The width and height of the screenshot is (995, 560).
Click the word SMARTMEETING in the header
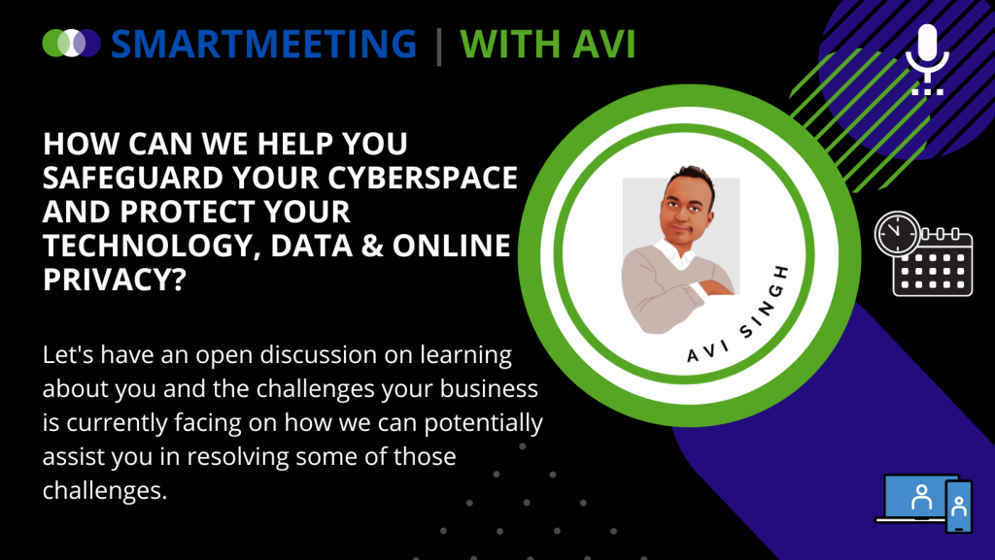pyautogui.click(x=263, y=44)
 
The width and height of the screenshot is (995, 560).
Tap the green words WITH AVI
pyautogui.click(x=547, y=44)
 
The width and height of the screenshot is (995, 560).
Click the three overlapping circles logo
pyautogui.click(x=72, y=43)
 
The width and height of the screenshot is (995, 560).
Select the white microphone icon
pyautogui.click(x=927, y=59)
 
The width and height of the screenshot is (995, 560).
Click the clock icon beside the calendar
pyautogui.click(x=897, y=233)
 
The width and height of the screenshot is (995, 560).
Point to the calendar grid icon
pyautogui.click(x=933, y=262)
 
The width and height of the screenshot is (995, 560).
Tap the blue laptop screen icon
pyautogui.click(x=917, y=498)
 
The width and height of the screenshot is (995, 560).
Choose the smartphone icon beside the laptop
pyautogui.click(x=959, y=507)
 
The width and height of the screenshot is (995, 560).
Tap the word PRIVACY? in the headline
pyautogui.click(x=115, y=280)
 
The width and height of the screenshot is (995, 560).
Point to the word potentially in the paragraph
pyautogui.click(x=484, y=423)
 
